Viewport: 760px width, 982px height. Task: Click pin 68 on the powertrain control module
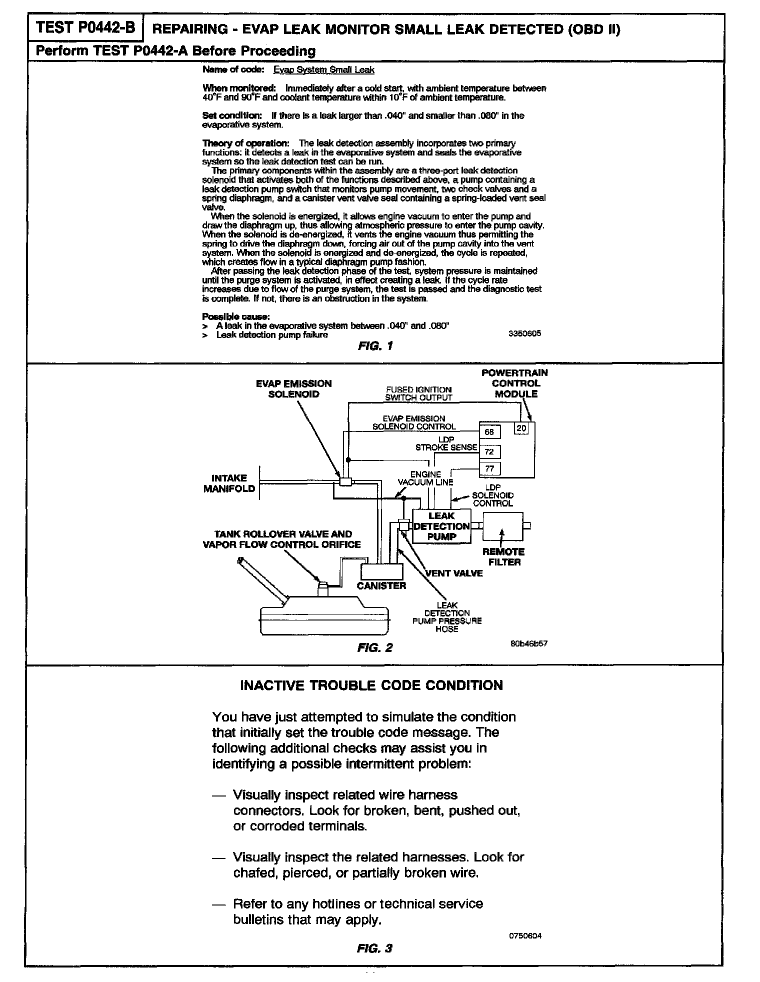(489, 432)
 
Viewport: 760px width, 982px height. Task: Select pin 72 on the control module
(489, 452)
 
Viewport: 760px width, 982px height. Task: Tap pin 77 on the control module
(489, 469)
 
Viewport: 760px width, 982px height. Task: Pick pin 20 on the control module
(521, 428)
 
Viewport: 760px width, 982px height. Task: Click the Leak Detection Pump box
(441, 526)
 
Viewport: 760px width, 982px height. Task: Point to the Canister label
(381, 585)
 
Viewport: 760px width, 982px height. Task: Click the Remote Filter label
(503, 557)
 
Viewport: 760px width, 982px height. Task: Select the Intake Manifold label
(229, 483)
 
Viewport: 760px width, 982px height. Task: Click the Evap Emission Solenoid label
(294, 389)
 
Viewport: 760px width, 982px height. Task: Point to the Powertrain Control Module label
(515, 383)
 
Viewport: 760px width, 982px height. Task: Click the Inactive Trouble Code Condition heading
(371, 685)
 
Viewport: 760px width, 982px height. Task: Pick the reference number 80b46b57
(528, 643)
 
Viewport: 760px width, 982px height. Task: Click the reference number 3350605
(524, 333)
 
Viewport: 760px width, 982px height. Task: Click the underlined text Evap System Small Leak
(323, 70)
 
